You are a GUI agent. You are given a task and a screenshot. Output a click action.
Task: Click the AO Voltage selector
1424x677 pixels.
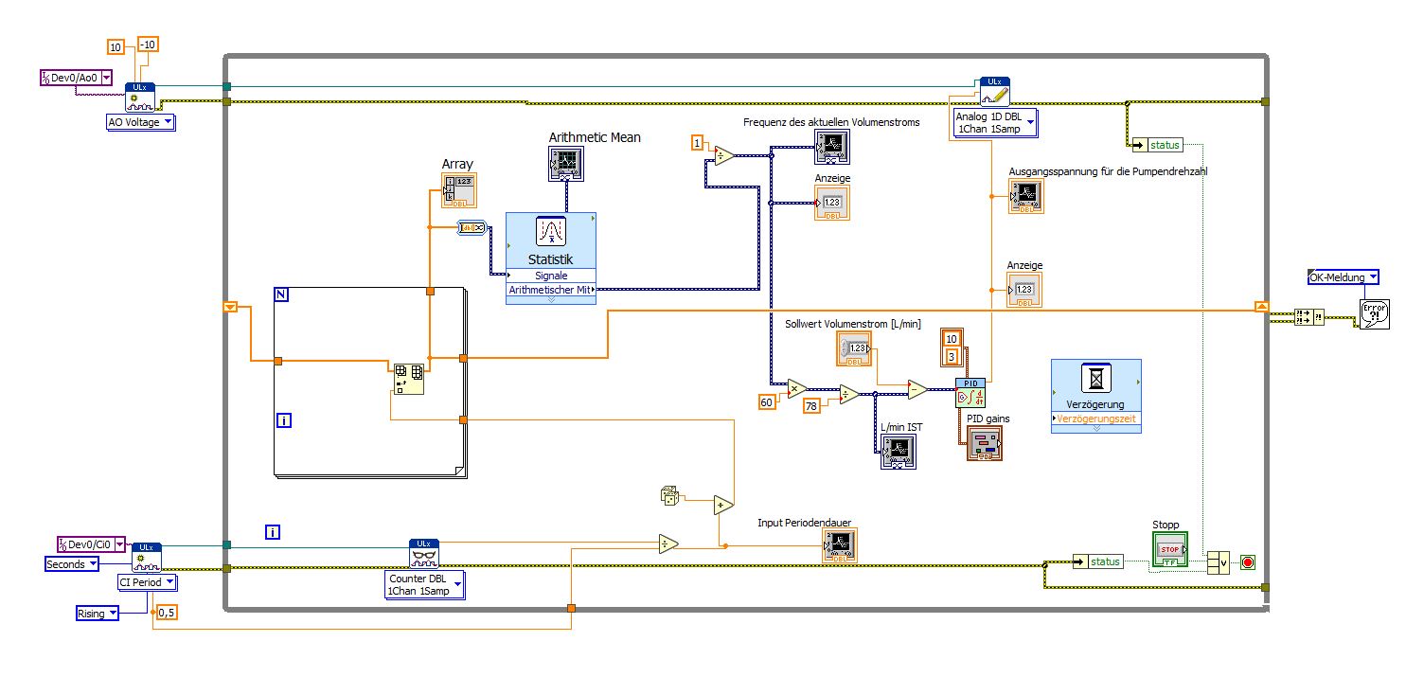point(140,122)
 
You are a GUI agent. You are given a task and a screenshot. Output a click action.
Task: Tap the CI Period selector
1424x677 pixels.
point(147,582)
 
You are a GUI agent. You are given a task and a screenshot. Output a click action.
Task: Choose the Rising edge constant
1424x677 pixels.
point(98,614)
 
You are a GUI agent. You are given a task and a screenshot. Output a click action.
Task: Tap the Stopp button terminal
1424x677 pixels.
point(1169,549)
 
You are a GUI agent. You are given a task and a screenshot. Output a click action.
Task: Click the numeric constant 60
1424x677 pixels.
point(768,402)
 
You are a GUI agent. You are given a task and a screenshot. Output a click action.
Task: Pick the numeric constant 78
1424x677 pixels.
point(811,405)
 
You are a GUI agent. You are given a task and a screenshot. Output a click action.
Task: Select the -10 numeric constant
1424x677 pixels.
point(149,45)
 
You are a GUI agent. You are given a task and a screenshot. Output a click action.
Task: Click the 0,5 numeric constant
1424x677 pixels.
point(167,613)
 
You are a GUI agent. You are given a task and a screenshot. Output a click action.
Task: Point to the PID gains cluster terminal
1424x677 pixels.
point(984,443)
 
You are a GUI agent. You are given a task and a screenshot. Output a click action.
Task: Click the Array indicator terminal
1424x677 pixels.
point(458,190)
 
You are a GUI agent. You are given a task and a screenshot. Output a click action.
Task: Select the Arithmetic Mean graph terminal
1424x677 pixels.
point(568,165)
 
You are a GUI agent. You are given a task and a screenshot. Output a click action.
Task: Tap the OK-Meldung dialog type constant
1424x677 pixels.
point(1343,277)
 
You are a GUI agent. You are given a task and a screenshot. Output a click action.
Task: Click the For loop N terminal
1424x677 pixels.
point(281,294)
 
